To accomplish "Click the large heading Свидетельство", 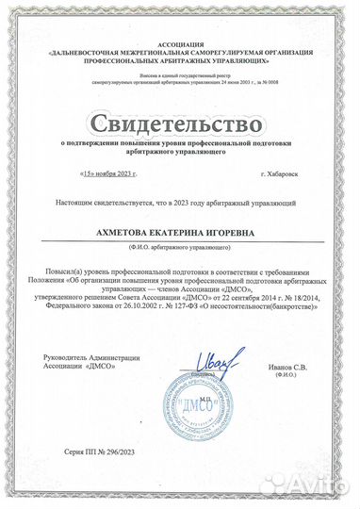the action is (x=178, y=123).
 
